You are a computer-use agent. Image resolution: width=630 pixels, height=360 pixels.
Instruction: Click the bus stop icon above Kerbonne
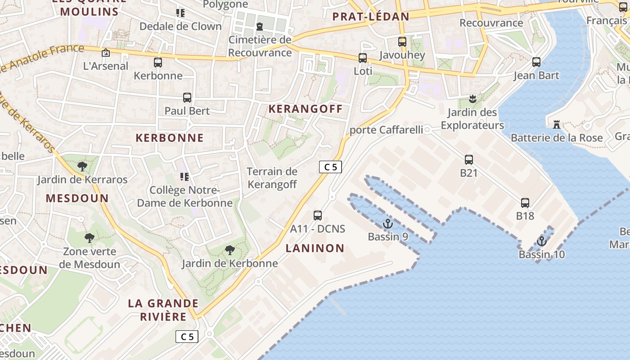tap(158, 63)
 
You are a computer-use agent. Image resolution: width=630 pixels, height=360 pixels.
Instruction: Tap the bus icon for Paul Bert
tap(187, 98)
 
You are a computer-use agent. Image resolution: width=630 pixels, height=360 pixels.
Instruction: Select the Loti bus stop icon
tap(363, 58)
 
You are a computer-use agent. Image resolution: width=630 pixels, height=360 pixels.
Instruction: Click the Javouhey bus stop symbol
tap(402, 42)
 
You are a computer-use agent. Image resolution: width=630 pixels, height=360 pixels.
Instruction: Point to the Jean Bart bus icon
tap(536, 62)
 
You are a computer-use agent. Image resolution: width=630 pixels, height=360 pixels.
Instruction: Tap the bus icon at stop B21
tap(469, 160)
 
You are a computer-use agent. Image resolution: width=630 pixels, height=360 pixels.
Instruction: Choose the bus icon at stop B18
tap(525, 203)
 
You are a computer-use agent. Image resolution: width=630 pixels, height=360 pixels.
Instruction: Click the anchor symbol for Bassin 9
tap(387, 224)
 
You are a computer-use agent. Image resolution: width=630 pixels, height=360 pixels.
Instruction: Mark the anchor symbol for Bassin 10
tap(542, 242)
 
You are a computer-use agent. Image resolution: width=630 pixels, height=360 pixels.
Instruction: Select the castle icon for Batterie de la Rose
tap(557, 124)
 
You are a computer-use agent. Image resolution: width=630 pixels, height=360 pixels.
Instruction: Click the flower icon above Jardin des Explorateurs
tap(472, 99)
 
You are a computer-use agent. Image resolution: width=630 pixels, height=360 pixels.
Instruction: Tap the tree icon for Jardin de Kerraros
tap(82, 166)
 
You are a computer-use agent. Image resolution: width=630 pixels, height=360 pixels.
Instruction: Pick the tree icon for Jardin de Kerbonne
tap(230, 250)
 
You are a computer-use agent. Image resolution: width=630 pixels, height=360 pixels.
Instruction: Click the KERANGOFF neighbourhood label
tap(306, 108)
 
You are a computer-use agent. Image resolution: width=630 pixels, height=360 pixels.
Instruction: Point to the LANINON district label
tap(315, 248)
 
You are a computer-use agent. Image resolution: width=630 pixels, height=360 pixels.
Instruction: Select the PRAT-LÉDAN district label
tap(371, 17)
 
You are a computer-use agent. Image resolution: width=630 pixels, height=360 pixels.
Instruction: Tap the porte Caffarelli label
tap(387, 130)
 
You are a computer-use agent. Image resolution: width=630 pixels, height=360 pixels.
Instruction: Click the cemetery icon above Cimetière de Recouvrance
tap(260, 27)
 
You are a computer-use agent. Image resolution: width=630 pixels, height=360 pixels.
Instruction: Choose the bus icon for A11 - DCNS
tap(318, 216)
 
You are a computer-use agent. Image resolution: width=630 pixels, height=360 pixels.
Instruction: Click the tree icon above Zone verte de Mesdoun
tap(90, 238)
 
